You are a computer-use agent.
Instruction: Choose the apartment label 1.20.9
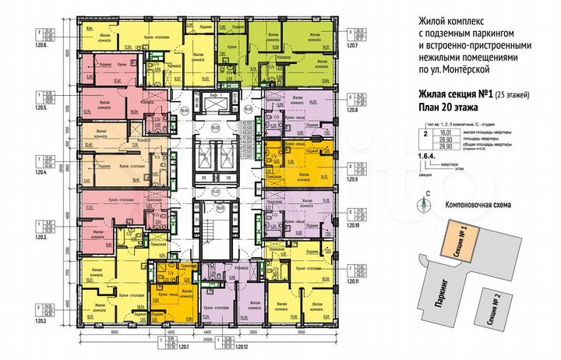coord(359,178)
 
